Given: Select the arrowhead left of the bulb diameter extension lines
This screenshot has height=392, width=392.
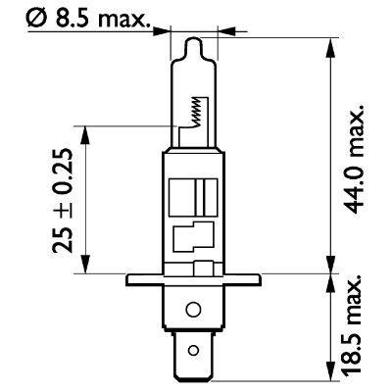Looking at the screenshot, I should click(166, 27).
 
